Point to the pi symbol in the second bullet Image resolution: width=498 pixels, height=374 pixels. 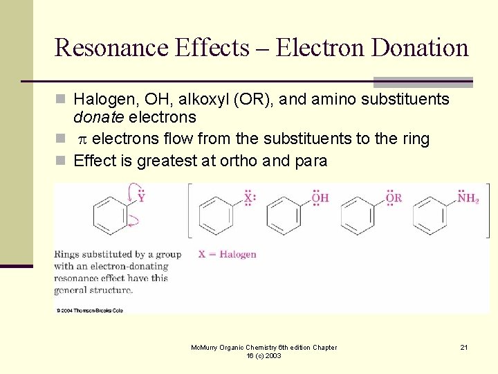tap(81, 139)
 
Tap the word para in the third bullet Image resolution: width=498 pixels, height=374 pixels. tap(310, 161)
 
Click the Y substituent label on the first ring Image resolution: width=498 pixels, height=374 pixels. tap(141, 198)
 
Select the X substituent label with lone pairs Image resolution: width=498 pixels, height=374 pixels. tap(249, 199)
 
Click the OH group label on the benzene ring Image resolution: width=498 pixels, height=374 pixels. tap(320, 199)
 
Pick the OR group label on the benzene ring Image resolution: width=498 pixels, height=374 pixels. tap(393, 199)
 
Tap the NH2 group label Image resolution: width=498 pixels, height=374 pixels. tap(468, 199)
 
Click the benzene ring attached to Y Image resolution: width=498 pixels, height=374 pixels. tap(109, 215)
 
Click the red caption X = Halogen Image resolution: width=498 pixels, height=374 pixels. tap(227, 254)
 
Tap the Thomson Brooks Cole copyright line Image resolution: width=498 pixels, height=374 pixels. tap(90, 310)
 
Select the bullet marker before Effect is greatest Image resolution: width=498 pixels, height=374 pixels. tap(62, 161)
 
